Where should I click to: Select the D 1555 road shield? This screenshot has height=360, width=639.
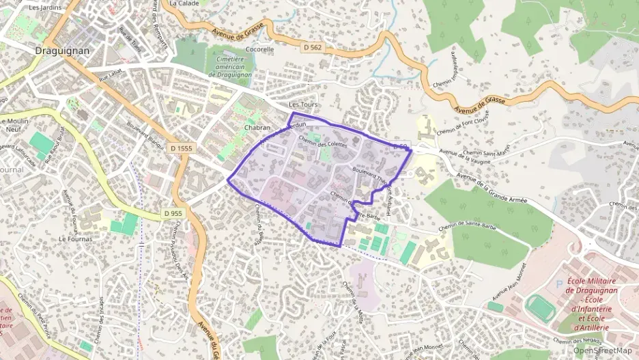point(182,148)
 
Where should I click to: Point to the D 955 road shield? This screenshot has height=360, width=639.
point(173,214)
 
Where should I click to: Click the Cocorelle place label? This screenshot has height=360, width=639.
point(259,49)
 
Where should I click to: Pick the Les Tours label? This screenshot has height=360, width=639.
point(304,105)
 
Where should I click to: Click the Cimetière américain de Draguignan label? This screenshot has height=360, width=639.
point(233,67)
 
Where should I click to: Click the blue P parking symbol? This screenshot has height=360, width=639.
point(560,283)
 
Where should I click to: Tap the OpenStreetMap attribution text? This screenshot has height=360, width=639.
point(603,350)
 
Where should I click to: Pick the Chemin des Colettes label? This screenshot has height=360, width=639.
point(323,144)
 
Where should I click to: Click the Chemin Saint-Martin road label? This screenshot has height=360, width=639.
point(483,152)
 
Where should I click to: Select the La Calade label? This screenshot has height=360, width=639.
point(183,3)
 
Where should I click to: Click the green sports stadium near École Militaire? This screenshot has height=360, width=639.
point(541,307)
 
